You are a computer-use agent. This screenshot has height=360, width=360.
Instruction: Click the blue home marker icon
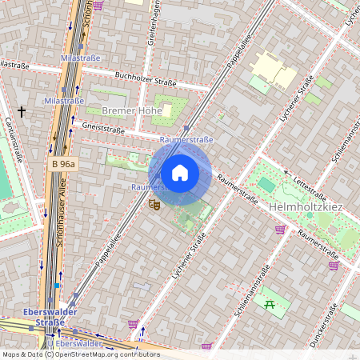tap(180, 173)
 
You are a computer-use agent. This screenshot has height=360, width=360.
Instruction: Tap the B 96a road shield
tap(63, 164)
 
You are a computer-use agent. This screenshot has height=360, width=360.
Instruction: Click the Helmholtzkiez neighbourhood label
tap(306, 206)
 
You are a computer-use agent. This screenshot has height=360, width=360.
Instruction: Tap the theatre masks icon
tap(154, 205)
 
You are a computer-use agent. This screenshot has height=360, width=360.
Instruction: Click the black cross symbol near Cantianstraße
tap(21, 110)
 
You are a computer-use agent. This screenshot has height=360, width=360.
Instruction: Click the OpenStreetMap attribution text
tap(80, 354)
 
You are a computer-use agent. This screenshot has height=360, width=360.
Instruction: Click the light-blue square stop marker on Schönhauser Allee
tap(57, 285)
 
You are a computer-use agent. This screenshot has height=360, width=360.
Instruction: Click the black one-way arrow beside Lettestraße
tap(286, 171)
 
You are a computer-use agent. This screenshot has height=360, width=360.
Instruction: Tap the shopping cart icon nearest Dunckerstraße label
tap(334, 266)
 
